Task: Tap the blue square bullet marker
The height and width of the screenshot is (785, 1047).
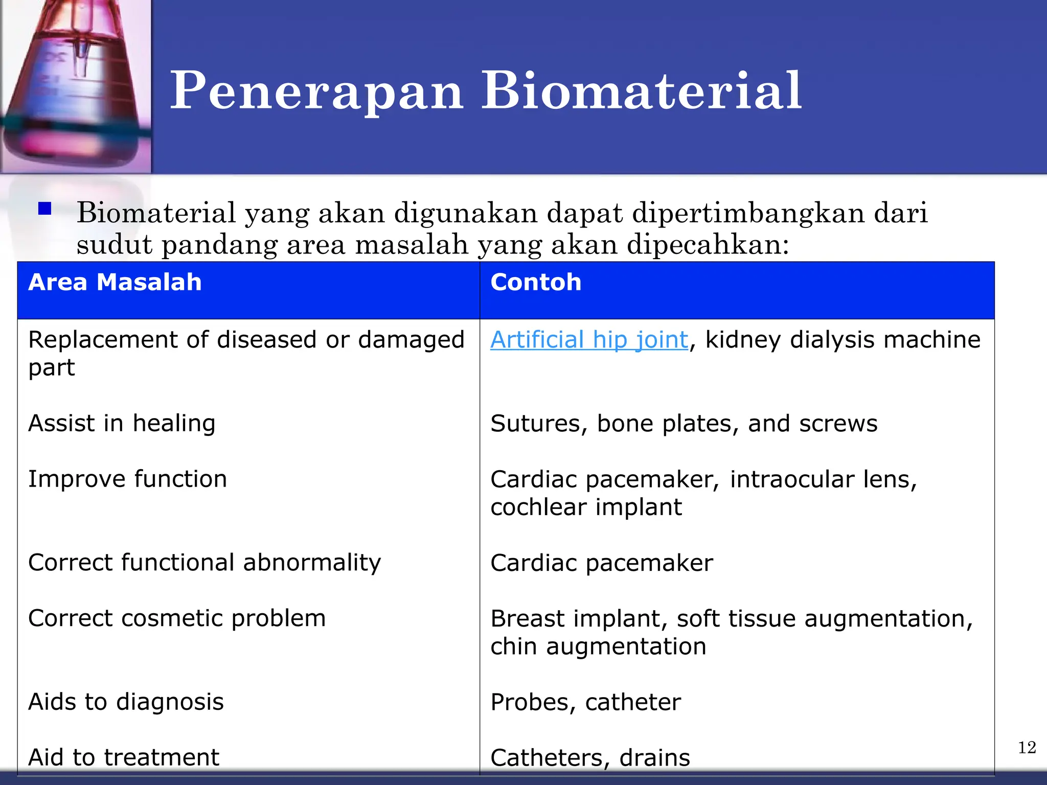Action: pos(45,209)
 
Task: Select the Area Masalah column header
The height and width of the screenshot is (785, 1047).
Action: pos(115,282)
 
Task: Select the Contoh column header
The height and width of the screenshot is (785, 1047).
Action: pos(536,282)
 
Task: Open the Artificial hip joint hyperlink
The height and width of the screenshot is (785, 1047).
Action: pos(589,340)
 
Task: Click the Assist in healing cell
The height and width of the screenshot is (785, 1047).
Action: pos(122,423)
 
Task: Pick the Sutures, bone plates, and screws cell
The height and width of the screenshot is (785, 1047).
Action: pos(684,424)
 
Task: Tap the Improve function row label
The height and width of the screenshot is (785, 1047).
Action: pos(127,479)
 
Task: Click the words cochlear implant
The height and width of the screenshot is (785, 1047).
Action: pos(586,507)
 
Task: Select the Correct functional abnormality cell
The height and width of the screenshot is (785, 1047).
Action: pos(204,562)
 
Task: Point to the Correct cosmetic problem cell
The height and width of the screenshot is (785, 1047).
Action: pos(177,618)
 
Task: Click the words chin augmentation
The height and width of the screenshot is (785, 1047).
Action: pos(598,646)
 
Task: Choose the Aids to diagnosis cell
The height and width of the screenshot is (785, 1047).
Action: pos(126,702)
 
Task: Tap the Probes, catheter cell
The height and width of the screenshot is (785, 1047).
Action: pos(585,702)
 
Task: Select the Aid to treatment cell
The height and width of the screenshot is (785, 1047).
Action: pos(124,757)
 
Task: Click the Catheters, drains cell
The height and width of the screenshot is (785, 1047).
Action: pos(590,757)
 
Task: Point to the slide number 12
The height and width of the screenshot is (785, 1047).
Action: pos(1027,748)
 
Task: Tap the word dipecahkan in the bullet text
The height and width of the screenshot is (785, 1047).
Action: pos(708,244)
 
